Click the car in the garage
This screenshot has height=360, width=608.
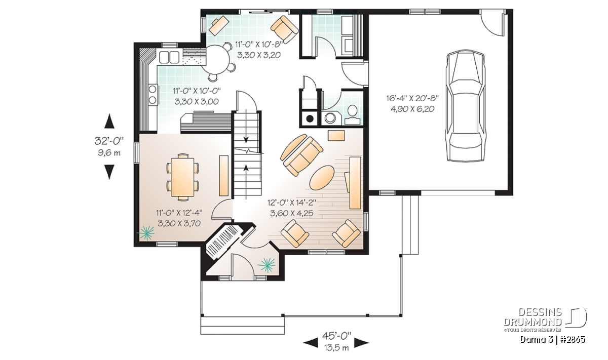tap(465, 106)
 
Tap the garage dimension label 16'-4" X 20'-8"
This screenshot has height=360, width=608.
tap(412, 98)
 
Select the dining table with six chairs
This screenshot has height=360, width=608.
tap(182, 177)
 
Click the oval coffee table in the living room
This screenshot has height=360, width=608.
tap(322, 178)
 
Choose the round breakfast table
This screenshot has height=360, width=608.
tap(217, 59)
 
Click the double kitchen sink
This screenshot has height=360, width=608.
tap(169, 57)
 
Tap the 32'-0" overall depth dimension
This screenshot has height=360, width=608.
tap(109, 141)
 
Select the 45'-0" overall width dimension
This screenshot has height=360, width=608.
tap(336, 336)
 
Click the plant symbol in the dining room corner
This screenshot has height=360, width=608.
tap(146, 233)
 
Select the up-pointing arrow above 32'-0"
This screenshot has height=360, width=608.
tap(109, 121)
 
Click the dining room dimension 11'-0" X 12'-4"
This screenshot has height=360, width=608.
tap(179, 213)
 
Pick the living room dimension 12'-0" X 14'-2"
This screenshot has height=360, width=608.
tap(292, 203)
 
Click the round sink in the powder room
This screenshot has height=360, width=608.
tap(330, 118)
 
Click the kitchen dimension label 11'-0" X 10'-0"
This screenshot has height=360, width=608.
tap(197, 90)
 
